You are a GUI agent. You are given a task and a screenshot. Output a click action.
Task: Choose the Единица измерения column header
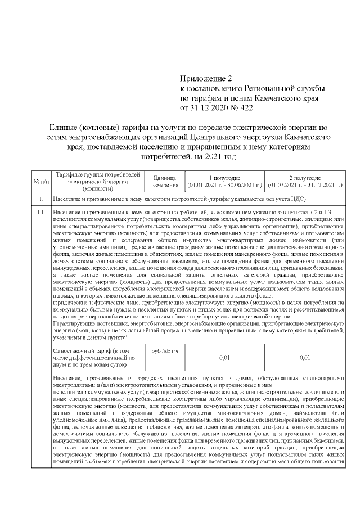[165, 180]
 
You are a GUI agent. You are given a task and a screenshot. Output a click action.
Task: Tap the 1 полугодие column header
[224, 177]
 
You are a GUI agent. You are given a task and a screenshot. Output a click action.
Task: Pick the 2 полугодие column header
[305, 177]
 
